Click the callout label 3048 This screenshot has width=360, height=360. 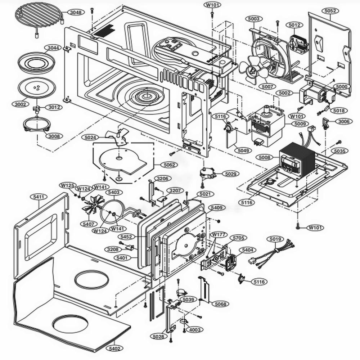(x=75, y=13)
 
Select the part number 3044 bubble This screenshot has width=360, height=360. (x=52, y=48)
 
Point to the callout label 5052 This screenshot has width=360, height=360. (x=330, y=11)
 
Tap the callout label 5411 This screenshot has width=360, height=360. (x=39, y=197)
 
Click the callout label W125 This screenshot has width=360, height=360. (x=67, y=185)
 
